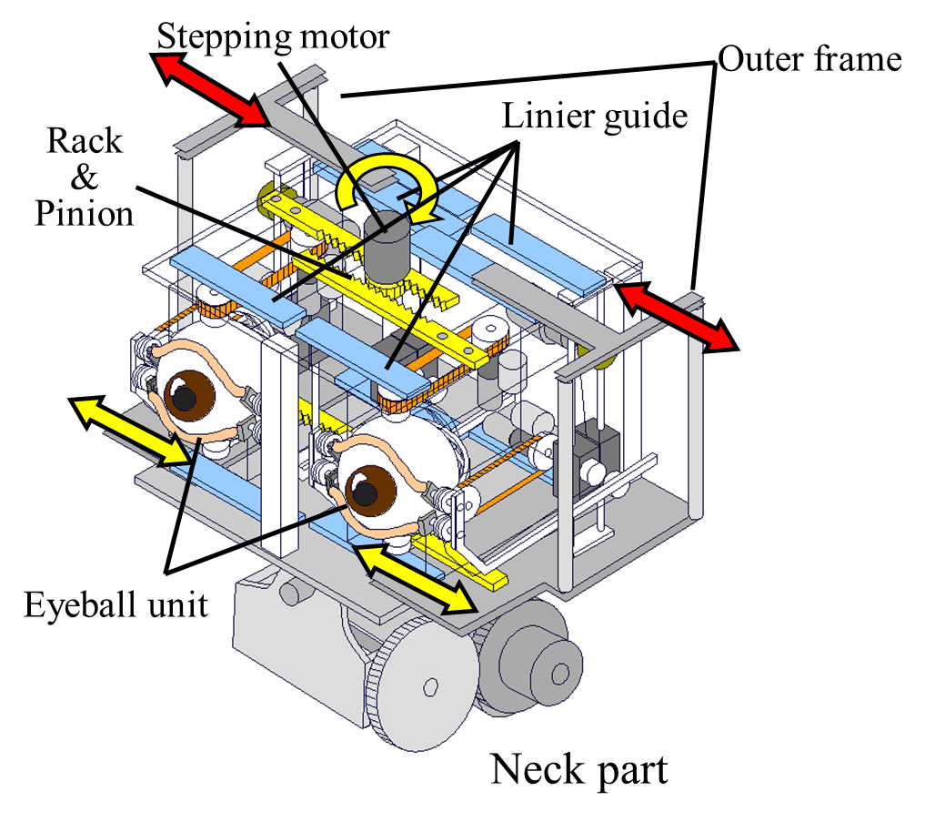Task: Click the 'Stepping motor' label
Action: pyautogui.click(x=273, y=37)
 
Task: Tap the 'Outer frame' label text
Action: pyautogui.click(x=810, y=60)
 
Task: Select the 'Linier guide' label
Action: pyautogui.click(x=595, y=116)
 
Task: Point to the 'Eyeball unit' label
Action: pyautogui.click(x=116, y=605)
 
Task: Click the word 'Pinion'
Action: pyautogui.click(x=85, y=213)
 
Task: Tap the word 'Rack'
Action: pyautogui.click(x=85, y=141)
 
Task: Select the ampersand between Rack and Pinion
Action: pyautogui.click(x=85, y=178)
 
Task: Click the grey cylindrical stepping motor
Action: pyautogui.click(x=387, y=247)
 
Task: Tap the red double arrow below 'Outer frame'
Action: pyautogui.click(x=677, y=317)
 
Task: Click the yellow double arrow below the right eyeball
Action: pyautogui.click(x=416, y=579)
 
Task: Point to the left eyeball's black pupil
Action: pyautogui.click(x=185, y=400)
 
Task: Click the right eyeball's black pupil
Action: pyautogui.click(x=365, y=493)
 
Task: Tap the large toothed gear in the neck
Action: pyautogui.click(x=422, y=684)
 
